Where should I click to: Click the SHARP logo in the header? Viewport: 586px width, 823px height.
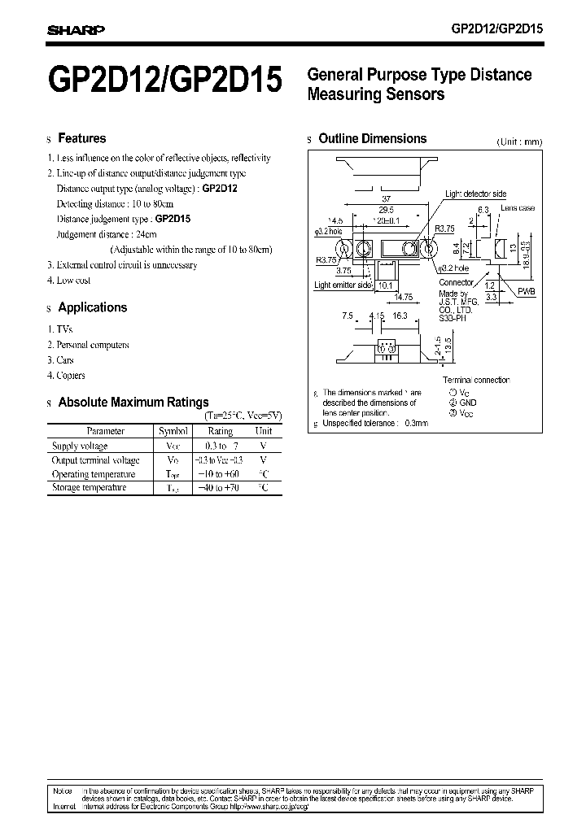76,31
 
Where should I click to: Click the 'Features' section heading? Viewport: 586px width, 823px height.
81,138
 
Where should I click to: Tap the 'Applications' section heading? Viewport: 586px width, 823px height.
93,307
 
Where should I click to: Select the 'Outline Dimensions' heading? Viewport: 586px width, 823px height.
372,139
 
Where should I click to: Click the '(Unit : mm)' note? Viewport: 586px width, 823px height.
519,142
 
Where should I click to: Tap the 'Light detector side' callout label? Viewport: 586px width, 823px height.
475,194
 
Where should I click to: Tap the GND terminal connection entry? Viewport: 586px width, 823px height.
467,403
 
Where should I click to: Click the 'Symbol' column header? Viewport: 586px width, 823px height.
173,431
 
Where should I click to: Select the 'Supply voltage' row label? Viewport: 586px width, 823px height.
79,446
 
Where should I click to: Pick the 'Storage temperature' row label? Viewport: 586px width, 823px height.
89,487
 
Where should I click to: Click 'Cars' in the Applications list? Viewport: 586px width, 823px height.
66,359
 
